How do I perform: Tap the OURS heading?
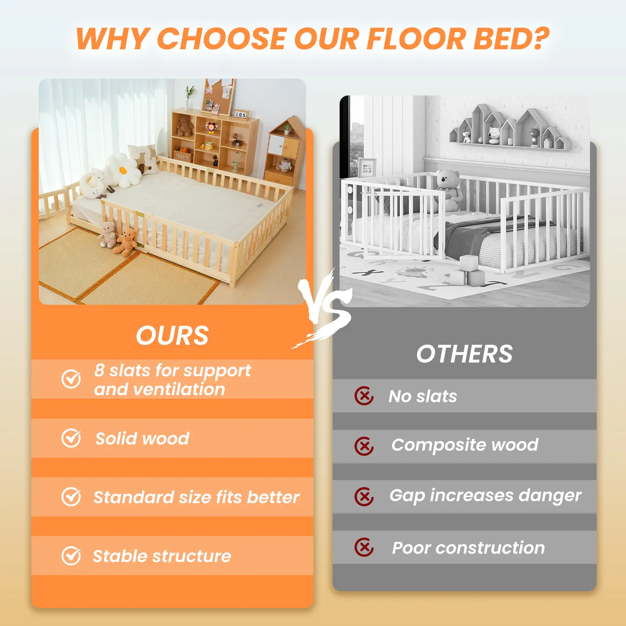pos(172,336)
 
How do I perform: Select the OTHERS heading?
pos(464,354)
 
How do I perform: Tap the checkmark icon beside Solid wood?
pos(71,438)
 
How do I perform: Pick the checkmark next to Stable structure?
pos(71,556)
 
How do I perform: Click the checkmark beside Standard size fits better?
pos(71,497)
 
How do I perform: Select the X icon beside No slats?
pos(364,396)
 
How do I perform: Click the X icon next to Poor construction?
pos(364,547)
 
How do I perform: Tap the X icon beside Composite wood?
pos(364,446)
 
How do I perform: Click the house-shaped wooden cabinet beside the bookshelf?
pos(285,151)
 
